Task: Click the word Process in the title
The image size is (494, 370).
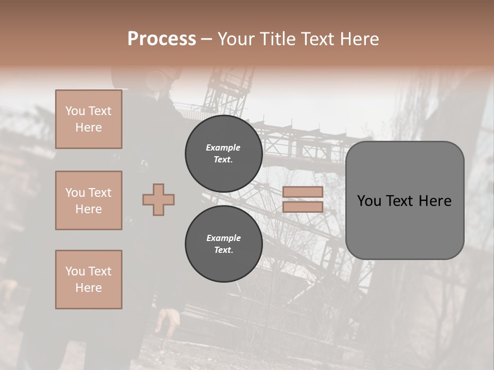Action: [162, 39]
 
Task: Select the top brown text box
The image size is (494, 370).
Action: [89, 119]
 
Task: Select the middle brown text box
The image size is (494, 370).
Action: [89, 200]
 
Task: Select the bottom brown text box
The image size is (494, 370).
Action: [89, 280]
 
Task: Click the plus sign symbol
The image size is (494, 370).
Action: [158, 199]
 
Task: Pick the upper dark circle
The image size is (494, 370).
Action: [224, 154]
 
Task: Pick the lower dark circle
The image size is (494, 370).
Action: [224, 244]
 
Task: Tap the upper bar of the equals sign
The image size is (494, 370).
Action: [303, 192]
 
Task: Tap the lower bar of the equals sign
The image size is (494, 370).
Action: [303, 207]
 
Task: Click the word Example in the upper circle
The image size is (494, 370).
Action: [223, 148]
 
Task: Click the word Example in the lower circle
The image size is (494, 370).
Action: [223, 238]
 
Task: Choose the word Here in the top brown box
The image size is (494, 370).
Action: [89, 127]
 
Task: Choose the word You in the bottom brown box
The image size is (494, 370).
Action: [75, 271]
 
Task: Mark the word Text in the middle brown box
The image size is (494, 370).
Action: [99, 193]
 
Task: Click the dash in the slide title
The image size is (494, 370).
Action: [207, 39]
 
